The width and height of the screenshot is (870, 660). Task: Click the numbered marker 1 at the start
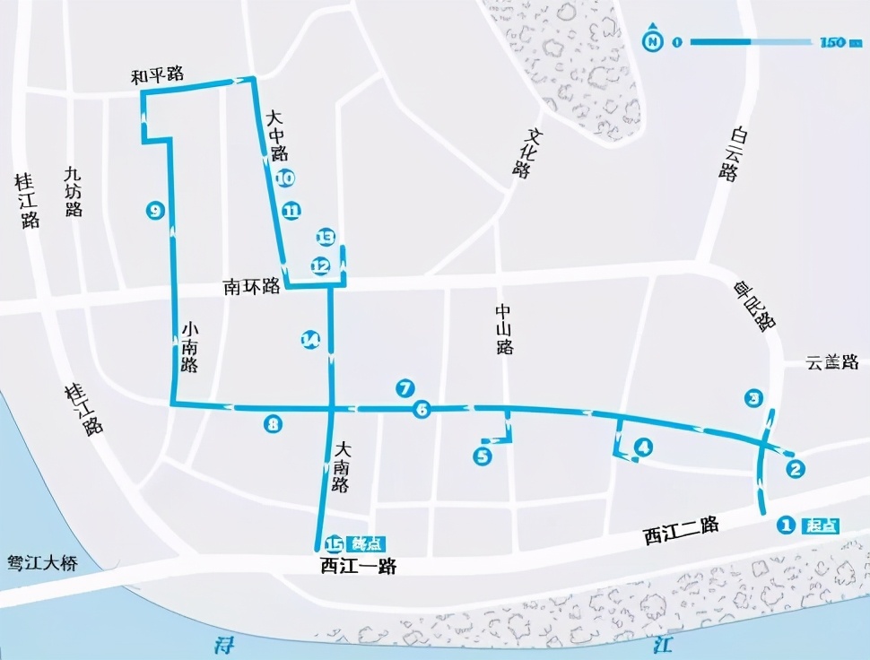[x=787, y=525]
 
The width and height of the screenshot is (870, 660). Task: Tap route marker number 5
[x=483, y=456]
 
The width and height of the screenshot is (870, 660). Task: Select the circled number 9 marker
[x=155, y=211]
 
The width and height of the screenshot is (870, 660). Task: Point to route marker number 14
[x=310, y=339]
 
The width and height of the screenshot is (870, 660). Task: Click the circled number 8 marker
[x=273, y=424]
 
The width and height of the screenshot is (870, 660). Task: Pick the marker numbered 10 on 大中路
[x=285, y=178]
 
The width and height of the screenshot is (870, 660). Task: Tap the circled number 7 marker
[x=405, y=388]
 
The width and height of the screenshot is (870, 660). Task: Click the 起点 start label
[x=821, y=525]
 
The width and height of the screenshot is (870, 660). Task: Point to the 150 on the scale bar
[x=833, y=42]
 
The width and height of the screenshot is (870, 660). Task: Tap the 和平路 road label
[x=157, y=77]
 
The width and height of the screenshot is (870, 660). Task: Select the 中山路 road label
[x=504, y=329]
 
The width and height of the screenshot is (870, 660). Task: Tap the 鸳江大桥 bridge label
[x=42, y=564]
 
